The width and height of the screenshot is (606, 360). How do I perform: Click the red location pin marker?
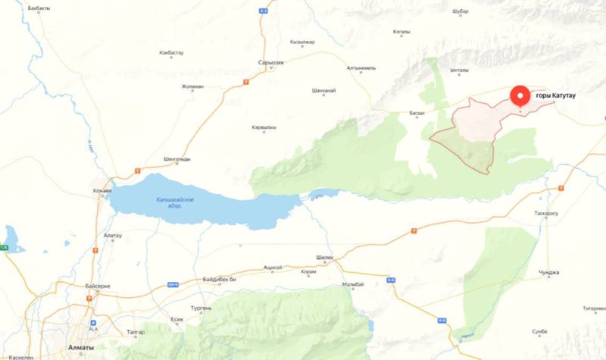pos(520,97)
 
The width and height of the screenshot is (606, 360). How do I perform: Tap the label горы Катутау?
pos(562,95)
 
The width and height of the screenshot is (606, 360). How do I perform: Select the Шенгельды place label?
pos(176,158)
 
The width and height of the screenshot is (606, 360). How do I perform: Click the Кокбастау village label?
pos(171,53)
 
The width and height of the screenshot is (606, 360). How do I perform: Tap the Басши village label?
pos(417,114)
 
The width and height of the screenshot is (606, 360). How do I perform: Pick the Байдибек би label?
pos(220,280)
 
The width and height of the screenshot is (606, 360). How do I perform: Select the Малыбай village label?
pos(354,283)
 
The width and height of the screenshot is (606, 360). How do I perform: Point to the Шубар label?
pos(460,11)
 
